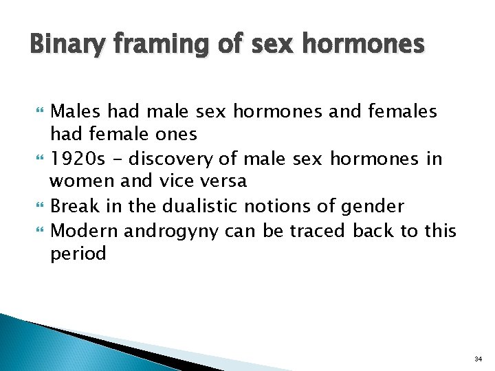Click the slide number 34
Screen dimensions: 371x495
pyautogui.click(x=478, y=359)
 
